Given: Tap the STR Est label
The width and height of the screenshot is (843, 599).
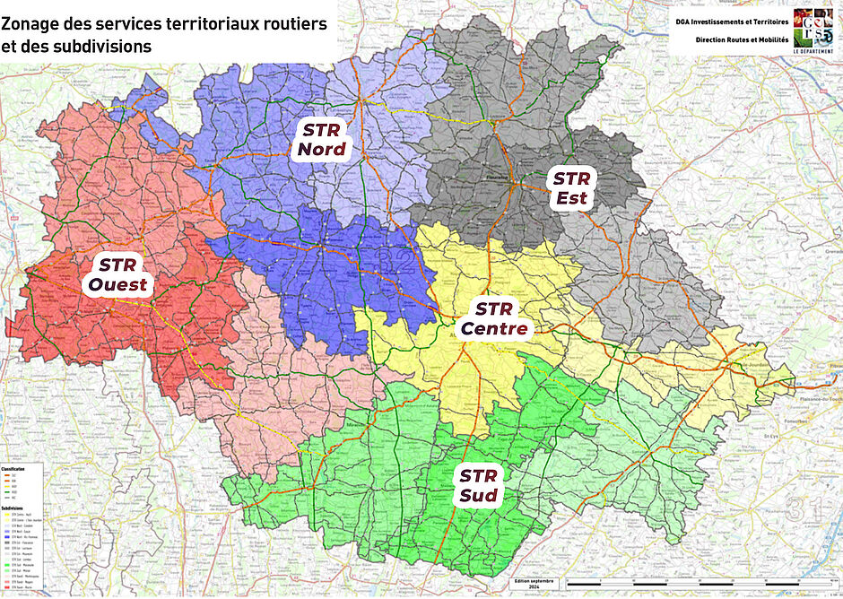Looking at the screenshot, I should click(571, 187).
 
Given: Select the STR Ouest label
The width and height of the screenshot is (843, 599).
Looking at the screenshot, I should click(117, 274).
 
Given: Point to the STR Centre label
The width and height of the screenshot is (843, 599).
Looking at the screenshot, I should click(493, 319).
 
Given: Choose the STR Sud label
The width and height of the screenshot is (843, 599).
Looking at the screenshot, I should click(479, 485).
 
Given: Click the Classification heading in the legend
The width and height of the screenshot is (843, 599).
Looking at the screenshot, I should click(13, 470).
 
